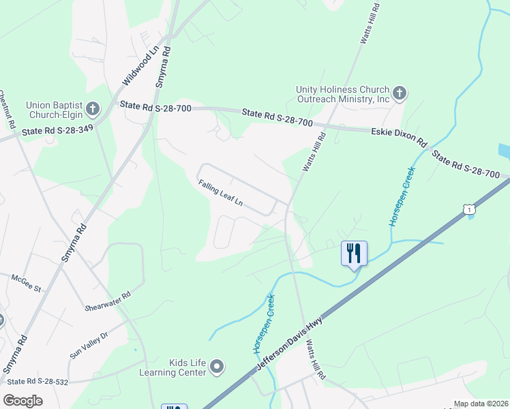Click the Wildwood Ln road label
pos(140,65)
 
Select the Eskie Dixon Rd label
pos(398,137)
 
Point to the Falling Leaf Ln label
pos(221,192)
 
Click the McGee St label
pos(27,283)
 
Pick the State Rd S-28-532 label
pos(38,382)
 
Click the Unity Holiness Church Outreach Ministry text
pos(342,94)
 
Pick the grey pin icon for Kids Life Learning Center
pos(217,367)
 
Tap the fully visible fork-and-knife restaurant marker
pos(354,254)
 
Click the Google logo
pos(23,401)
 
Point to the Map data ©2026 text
pos(481,404)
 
